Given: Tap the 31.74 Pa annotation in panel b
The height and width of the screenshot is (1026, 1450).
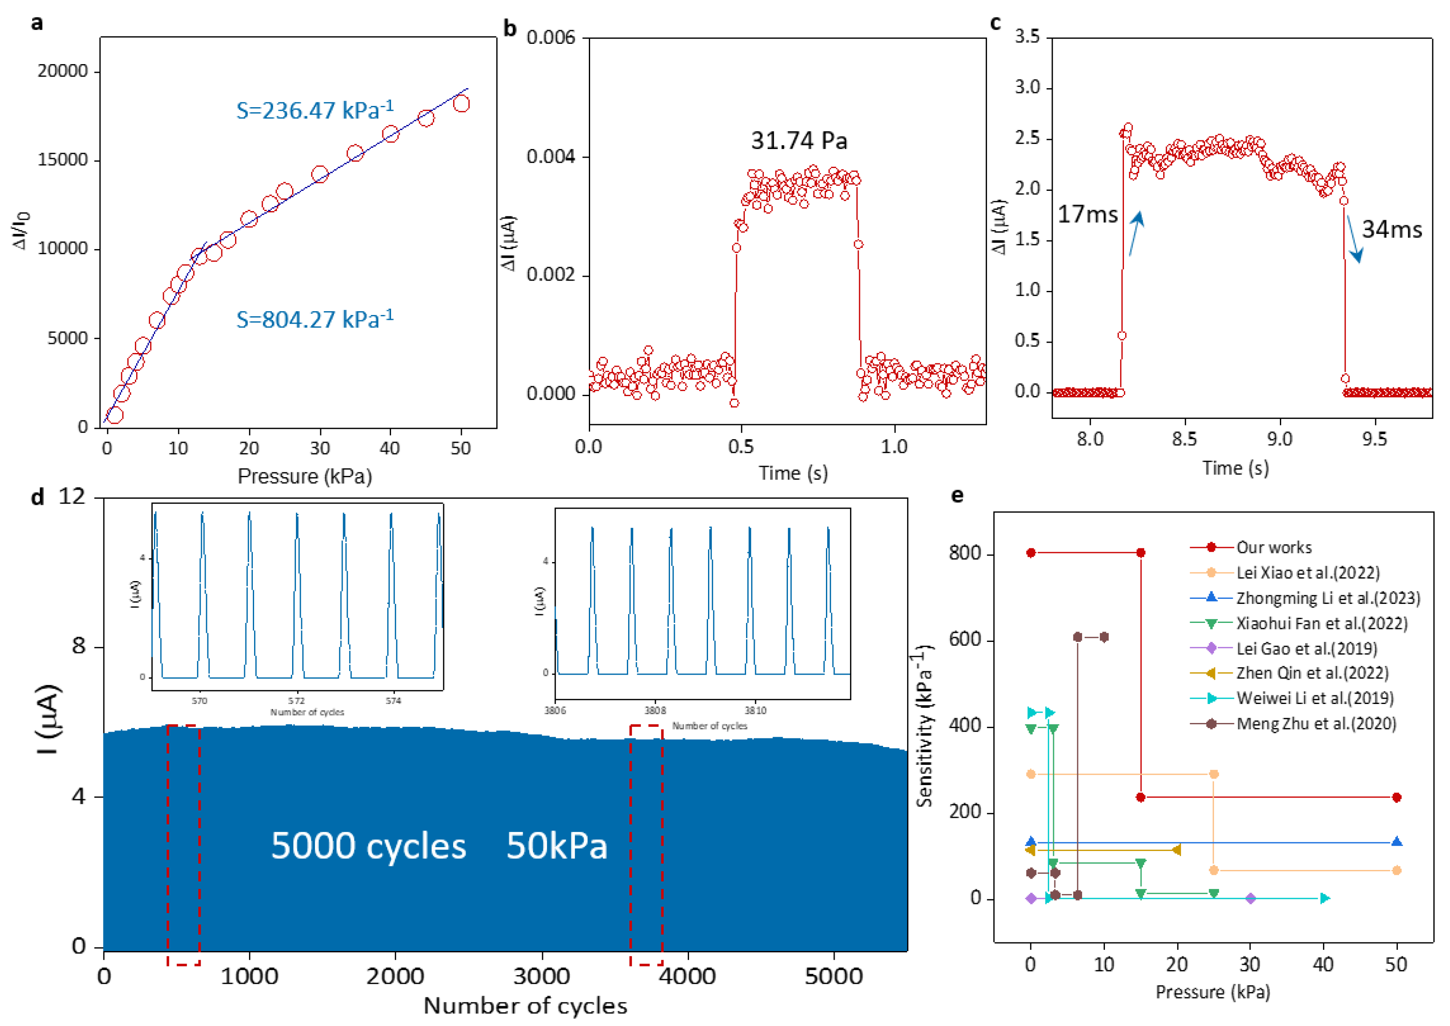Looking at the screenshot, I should point(799,140).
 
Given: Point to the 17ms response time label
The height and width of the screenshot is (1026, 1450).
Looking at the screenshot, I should point(1087,214).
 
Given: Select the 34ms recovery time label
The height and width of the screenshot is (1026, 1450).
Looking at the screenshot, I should point(1391,229).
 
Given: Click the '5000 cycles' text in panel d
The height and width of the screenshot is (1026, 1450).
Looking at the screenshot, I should point(368,846).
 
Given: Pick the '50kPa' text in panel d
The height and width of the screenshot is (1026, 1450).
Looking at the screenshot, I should point(557,846).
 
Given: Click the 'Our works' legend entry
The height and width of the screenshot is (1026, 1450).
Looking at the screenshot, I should point(1273,547).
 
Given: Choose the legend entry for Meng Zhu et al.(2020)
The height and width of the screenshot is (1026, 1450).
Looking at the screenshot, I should point(1316,723).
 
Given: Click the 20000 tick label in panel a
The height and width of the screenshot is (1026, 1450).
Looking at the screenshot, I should point(62,71).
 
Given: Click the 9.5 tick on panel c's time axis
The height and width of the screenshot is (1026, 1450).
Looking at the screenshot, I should point(1374,439).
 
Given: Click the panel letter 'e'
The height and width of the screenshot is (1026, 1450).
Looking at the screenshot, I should point(958,496).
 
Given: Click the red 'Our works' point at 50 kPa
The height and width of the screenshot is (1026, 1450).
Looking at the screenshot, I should point(1396,797).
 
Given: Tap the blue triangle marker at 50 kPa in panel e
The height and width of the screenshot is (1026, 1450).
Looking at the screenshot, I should point(1396,841).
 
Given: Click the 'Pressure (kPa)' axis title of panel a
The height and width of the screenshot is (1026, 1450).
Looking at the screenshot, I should point(305,476).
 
